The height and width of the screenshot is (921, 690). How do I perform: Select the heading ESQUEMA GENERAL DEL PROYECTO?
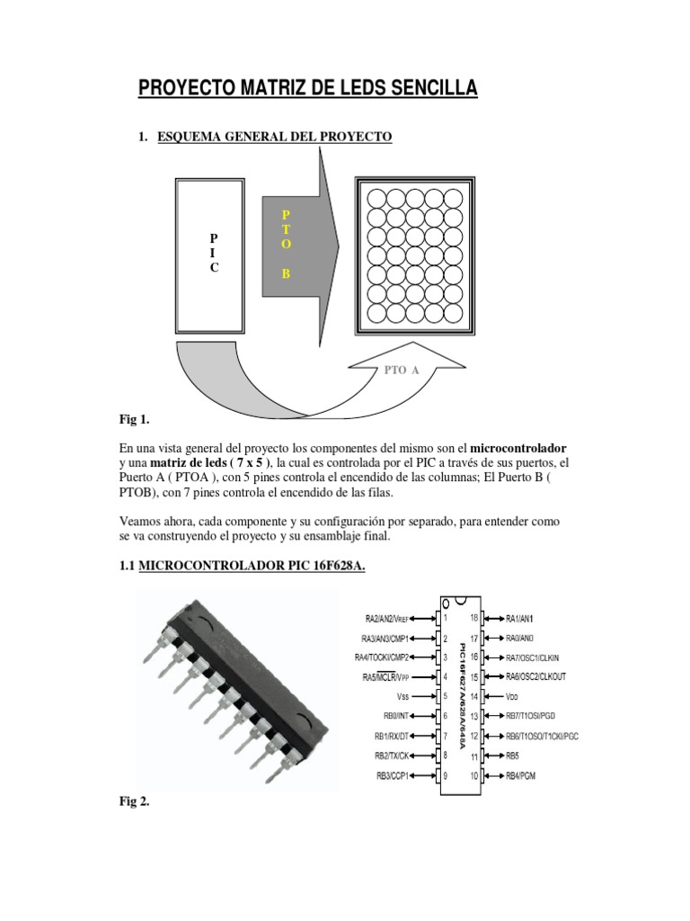coord(274,137)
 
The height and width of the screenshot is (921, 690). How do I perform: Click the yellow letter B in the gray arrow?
coord(286,273)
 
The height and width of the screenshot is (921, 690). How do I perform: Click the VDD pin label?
coord(512,696)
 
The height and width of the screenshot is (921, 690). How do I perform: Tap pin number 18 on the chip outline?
coord(474,618)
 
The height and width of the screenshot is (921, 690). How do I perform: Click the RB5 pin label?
coord(512,756)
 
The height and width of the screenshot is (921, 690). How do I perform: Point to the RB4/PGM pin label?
coord(521,775)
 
